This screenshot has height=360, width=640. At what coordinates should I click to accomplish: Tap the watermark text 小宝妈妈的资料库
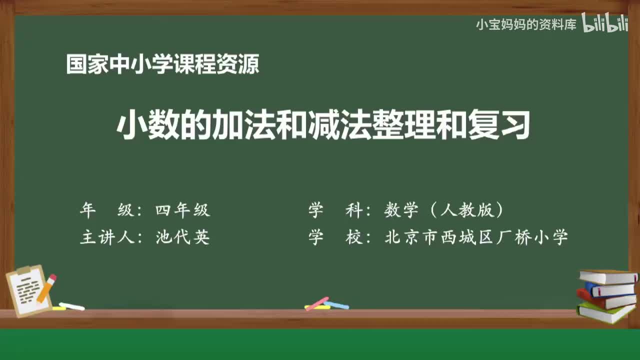(526, 24)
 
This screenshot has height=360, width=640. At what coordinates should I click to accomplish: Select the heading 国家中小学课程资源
(162, 64)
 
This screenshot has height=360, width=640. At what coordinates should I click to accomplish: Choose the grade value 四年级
(182, 210)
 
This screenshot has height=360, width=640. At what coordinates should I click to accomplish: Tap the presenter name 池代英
(182, 237)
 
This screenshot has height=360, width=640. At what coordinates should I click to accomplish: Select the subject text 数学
(401, 210)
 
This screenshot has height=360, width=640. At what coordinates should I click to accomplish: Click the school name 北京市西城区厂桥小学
(476, 237)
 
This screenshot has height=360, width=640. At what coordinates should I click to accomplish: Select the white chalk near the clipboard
(71, 306)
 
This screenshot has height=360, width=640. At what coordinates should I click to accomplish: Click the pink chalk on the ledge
(316, 303)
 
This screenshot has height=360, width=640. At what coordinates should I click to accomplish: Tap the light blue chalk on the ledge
(336, 304)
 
